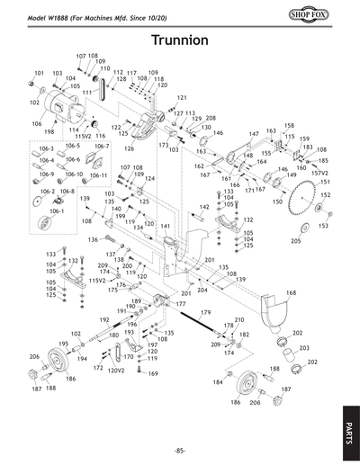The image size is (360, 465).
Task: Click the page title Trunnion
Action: (180, 40)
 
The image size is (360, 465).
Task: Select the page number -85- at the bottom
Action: (180, 450)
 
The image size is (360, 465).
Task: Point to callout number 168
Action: (291, 293)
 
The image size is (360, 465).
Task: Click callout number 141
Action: (165, 227)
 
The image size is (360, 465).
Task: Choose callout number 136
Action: (93, 240)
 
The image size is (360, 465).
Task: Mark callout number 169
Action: (152, 373)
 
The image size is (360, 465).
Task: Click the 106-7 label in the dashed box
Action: (102, 146)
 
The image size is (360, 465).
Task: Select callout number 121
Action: (182, 97)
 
